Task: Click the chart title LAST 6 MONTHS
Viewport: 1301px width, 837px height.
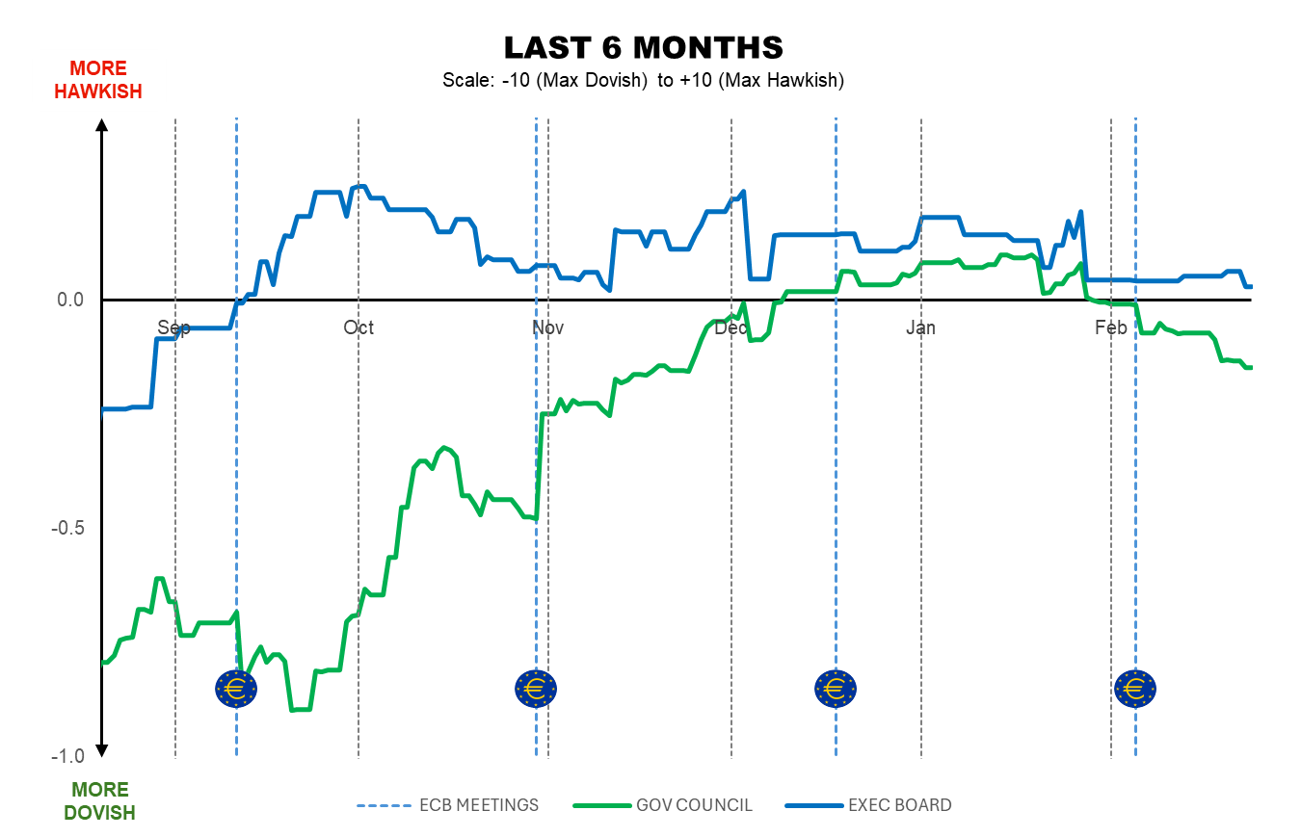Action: [x=644, y=47]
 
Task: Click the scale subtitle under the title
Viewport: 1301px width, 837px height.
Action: [x=644, y=80]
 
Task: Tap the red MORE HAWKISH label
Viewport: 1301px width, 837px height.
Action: [x=97, y=80]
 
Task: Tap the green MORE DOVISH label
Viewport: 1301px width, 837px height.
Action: [x=99, y=801]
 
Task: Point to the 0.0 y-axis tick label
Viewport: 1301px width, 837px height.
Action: [x=70, y=300]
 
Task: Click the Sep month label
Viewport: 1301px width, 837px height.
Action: [x=173, y=328]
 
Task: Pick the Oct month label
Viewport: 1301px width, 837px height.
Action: [x=358, y=328]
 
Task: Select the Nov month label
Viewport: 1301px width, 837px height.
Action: [x=548, y=328]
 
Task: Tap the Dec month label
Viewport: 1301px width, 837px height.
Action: [x=731, y=328]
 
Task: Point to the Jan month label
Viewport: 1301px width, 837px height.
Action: [x=921, y=328]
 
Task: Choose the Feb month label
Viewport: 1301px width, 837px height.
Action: [x=1111, y=328]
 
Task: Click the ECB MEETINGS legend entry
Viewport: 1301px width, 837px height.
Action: [x=448, y=805]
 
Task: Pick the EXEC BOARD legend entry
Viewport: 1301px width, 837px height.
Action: [x=868, y=805]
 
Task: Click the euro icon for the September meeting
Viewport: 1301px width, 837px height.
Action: [x=236, y=689]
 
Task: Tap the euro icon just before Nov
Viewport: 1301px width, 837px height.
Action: [x=536, y=689]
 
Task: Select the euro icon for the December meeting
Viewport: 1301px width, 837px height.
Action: [x=836, y=689]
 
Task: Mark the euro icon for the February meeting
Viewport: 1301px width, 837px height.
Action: [x=1135, y=689]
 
